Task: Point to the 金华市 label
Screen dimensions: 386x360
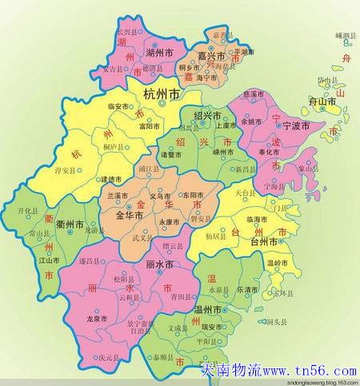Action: (x=129, y=216)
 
